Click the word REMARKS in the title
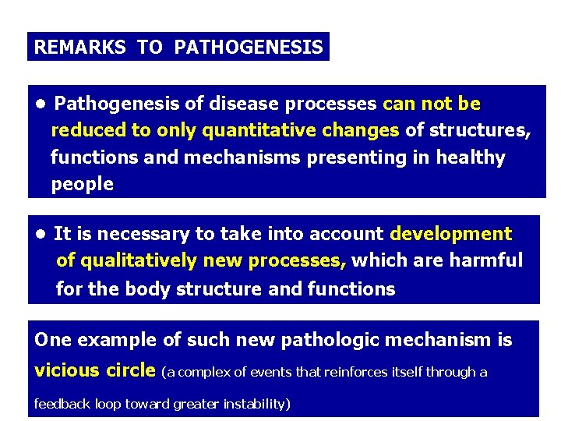pos(79,48)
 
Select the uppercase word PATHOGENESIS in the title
pos(249,48)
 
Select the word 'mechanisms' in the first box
pos(242,157)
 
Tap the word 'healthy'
pos(470,157)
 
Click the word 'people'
pos(82,185)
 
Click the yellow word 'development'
pos(450,234)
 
